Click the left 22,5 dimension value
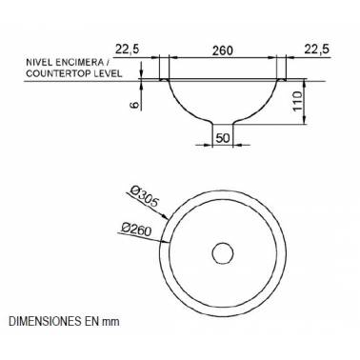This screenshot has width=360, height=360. point(127,50)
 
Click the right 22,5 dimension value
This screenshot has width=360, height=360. point(317,50)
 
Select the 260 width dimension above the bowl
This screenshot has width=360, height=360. point(223,50)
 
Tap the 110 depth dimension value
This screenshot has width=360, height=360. point(297,101)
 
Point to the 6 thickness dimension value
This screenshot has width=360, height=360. point(135,105)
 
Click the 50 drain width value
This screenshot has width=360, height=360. point(223,138)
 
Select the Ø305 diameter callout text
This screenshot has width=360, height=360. point(144,196)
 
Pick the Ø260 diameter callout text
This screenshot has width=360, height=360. point(136,229)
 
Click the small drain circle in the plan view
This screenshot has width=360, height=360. point(223,253)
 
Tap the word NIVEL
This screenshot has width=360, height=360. point(37,61)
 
